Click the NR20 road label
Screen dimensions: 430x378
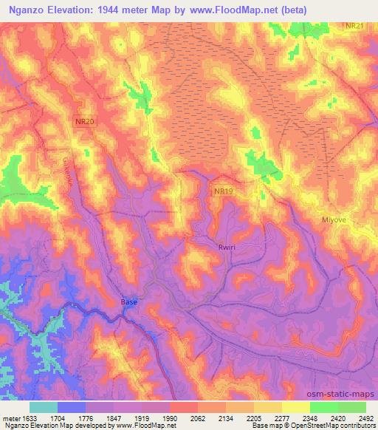pos(85,121)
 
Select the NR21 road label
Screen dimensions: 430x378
pos(355,26)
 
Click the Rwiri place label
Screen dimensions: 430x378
pos(227,248)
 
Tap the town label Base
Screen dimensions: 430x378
pos(129,302)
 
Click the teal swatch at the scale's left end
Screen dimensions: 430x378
pos(44,407)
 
